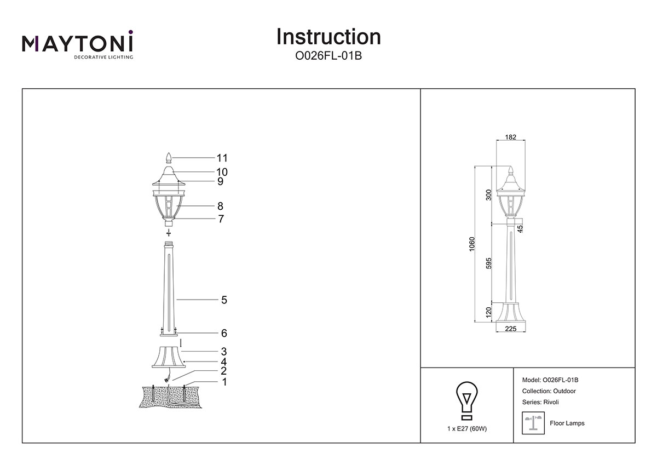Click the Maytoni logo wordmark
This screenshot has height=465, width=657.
point(77,43)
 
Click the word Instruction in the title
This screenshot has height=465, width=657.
point(328,37)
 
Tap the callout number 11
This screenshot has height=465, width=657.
point(222,158)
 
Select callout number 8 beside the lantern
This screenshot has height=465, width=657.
point(220,206)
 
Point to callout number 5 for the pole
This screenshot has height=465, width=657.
point(224,300)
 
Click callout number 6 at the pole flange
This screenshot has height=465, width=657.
point(224,333)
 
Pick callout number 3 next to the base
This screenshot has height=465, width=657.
point(224,351)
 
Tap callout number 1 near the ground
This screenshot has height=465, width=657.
point(224,382)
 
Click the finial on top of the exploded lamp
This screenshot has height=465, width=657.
point(169,158)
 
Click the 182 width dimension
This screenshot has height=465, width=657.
point(510,137)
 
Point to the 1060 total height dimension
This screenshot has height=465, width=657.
point(472,244)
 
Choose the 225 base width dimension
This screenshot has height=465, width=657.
point(510,329)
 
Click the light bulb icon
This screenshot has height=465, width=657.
point(466,398)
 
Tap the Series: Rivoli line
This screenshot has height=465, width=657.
point(541,402)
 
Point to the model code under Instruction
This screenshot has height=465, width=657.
point(328,56)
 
